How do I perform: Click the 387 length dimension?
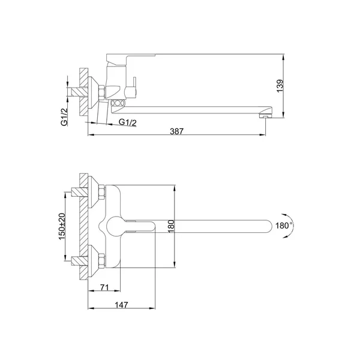[177, 131]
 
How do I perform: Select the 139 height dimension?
[280, 86]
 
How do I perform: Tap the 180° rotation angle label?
[284, 226]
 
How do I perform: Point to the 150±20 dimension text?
[62, 226]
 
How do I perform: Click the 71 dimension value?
[104, 287]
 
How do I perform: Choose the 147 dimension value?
[121, 305]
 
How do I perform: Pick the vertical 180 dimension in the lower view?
[171, 226]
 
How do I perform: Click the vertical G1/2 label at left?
[65, 117]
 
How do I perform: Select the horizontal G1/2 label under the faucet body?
[128, 122]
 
